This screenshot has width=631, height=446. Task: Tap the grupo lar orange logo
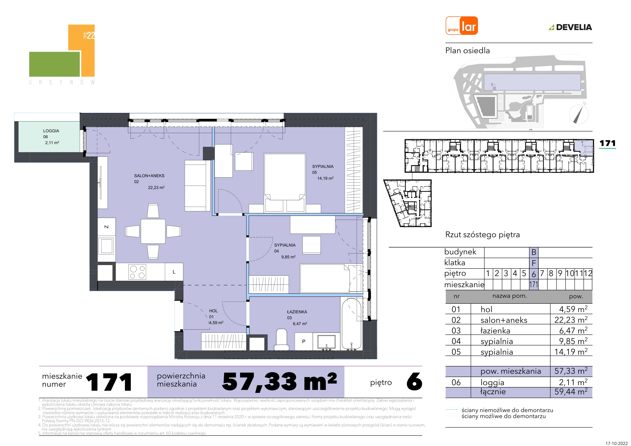click(462, 26)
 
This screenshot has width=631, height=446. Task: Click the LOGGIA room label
click(51, 131)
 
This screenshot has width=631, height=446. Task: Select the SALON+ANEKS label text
click(149, 176)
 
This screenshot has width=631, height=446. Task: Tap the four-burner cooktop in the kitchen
click(137, 272)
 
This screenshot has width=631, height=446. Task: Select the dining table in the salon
click(153, 231)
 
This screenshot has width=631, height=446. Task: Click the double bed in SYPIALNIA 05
click(285, 182)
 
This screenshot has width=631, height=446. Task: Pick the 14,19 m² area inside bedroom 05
click(325, 178)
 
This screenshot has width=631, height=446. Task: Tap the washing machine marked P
click(304, 341)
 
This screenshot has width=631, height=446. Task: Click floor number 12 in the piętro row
click(588, 273)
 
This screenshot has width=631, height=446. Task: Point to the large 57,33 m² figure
click(279, 382)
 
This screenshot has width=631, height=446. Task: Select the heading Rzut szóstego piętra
click(482, 235)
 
